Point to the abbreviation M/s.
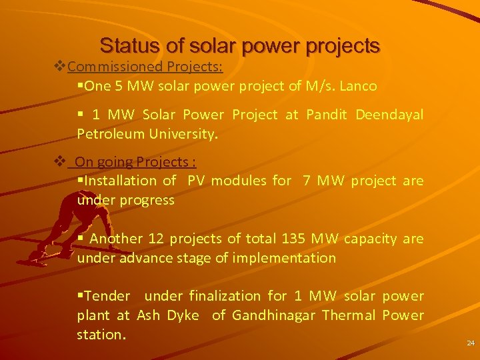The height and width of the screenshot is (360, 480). [321, 86]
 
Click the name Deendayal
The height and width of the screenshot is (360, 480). [389, 115]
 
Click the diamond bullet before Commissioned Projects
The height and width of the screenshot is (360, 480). [59, 67]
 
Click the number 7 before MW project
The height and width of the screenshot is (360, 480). [306, 181]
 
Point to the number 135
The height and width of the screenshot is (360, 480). [293, 239]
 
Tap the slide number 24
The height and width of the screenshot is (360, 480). [470, 343]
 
